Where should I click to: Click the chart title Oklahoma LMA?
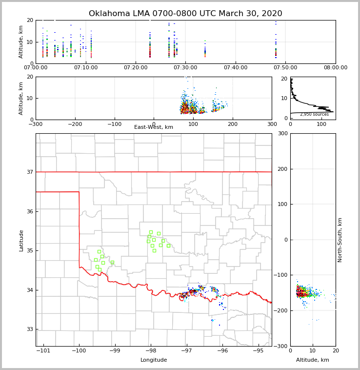click(x=185, y=14)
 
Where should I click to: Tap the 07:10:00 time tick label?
click(x=86, y=67)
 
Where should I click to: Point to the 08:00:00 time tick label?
click(x=336, y=67)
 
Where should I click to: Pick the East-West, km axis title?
click(x=154, y=127)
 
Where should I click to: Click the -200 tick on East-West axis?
click(x=75, y=124)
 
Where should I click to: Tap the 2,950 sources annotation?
click(x=314, y=114)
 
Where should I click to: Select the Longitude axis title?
click(x=154, y=360)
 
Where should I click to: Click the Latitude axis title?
click(x=21, y=240)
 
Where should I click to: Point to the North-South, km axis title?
click(x=340, y=240)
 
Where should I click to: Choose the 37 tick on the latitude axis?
click(x=29, y=172)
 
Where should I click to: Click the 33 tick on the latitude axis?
click(x=29, y=329)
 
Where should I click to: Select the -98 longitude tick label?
click(x=151, y=351)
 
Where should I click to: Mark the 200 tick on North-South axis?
click(x=281, y=169)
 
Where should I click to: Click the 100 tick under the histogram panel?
click(x=321, y=124)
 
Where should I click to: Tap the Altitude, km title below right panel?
click(x=313, y=360)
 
